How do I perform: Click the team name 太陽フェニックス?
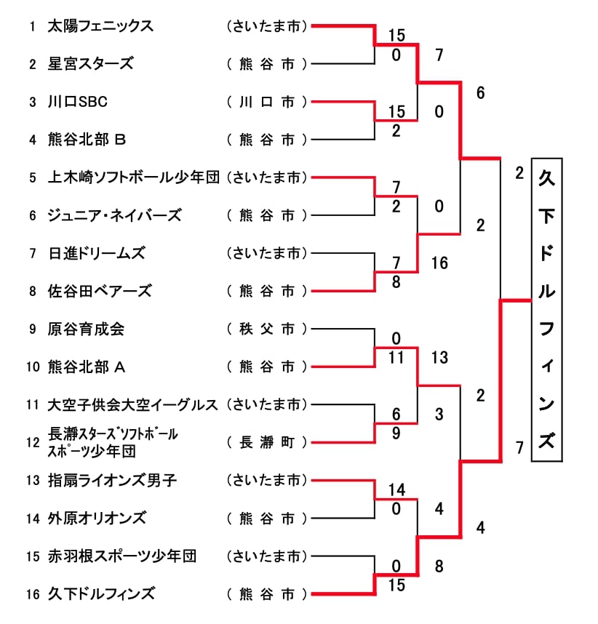click(100, 26)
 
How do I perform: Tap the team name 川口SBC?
click(78, 102)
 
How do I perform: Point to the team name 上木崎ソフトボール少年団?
click(133, 177)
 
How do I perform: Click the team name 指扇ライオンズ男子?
click(112, 480)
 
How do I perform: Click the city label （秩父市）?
click(267, 329)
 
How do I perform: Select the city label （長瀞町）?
click(267, 442)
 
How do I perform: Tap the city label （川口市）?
click(267, 102)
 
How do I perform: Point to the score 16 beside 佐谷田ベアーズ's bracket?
click(439, 263)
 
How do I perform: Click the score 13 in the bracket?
click(439, 358)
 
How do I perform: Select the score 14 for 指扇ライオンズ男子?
click(396, 489)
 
